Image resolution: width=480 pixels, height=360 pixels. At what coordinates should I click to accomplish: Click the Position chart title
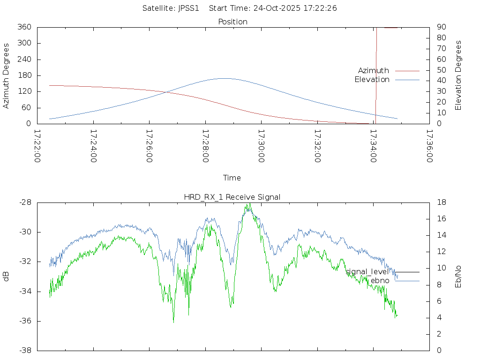coord(232,22)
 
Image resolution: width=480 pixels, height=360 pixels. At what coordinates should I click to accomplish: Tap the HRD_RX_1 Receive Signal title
coord(232,197)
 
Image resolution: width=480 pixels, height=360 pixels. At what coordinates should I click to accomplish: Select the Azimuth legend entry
coord(374,70)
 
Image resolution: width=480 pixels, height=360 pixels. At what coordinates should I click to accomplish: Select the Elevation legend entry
coord(372,80)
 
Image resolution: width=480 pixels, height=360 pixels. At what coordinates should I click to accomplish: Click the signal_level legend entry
coord(367,271)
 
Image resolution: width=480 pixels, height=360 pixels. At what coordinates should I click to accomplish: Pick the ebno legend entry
coord(380,280)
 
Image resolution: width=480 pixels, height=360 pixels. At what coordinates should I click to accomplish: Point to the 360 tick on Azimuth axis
coord(24,27)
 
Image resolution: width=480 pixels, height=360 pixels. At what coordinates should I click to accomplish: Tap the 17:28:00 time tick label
coord(205,146)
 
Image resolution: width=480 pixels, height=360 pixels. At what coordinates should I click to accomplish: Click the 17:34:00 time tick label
coord(373,146)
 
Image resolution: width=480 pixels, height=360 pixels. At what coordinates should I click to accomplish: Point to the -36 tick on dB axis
coord(24,321)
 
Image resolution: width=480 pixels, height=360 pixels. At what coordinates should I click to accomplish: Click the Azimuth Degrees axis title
coord(7,75)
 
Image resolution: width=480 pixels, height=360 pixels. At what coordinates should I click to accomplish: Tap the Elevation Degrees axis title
coord(458,75)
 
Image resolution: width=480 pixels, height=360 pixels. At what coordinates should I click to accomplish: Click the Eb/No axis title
coord(458,277)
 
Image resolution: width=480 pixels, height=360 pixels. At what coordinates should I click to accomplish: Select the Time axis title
coord(232,178)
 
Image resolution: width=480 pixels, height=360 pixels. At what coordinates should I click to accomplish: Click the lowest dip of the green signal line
coord(173,322)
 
